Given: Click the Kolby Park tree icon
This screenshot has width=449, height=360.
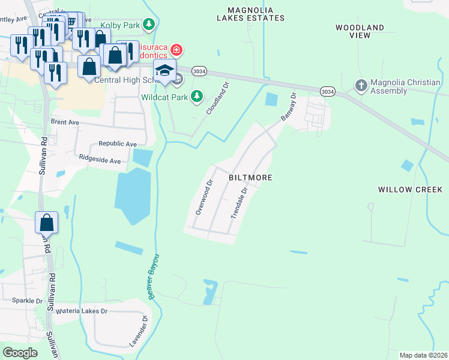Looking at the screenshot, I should point(150,24).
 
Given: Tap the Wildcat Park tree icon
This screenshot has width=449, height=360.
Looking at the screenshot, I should point(197,96).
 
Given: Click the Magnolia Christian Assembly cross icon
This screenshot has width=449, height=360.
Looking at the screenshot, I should point(361,85).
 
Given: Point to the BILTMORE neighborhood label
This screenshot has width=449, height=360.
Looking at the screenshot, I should point(251,178).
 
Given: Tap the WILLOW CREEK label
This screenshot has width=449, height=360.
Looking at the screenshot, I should point(410,190).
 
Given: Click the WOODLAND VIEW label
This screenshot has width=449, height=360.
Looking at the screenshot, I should point(360,32).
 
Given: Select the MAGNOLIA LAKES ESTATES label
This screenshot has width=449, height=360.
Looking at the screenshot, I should point(256,14).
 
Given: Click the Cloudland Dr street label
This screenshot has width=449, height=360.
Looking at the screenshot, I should point(218,99).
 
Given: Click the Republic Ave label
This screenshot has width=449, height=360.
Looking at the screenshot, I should point(118,144).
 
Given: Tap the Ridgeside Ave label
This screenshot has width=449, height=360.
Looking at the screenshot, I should point(100,161).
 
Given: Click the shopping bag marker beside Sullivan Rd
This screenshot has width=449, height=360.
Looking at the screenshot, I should point(46,223).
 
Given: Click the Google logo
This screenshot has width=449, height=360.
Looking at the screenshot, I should point(20,353).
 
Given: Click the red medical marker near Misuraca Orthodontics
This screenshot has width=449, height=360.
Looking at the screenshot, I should point(176,49).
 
